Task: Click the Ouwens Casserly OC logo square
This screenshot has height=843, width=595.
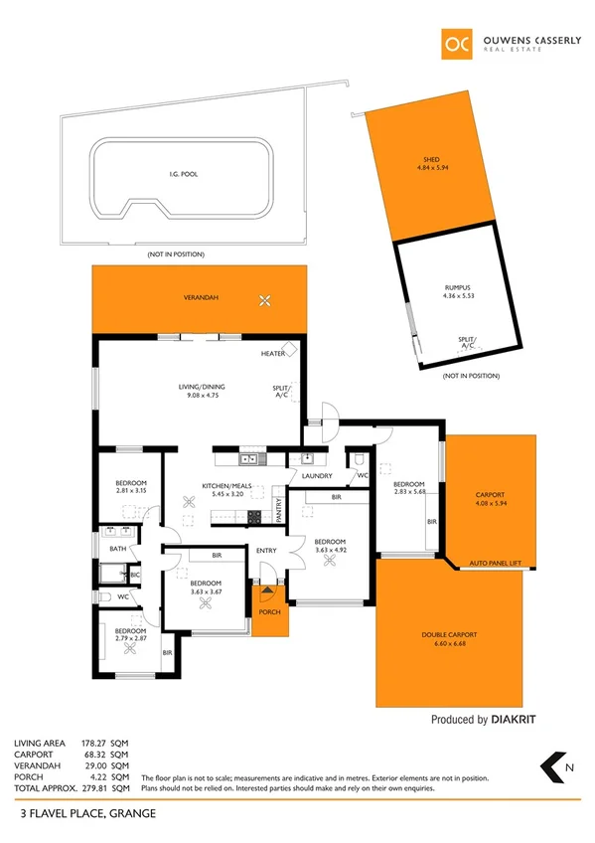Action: [x=458, y=45]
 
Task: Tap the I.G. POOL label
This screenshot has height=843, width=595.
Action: [x=183, y=174]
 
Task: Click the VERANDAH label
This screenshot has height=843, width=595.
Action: [x=200, y=298]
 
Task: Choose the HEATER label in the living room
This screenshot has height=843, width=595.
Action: [x=273, y=354]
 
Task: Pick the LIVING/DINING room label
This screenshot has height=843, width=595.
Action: [x=201, y=390]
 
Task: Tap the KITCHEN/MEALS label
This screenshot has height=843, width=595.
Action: [x=231, y=486]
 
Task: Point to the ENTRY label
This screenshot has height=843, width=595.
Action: [x=267, y=550]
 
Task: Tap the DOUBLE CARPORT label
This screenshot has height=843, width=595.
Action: [x=449, y=634]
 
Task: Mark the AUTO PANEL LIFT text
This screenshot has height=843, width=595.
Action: [x=496, y=563]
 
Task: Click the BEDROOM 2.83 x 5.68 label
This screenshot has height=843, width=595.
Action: [x=409, y=487]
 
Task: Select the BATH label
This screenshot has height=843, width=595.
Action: [x=118, y=548]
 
